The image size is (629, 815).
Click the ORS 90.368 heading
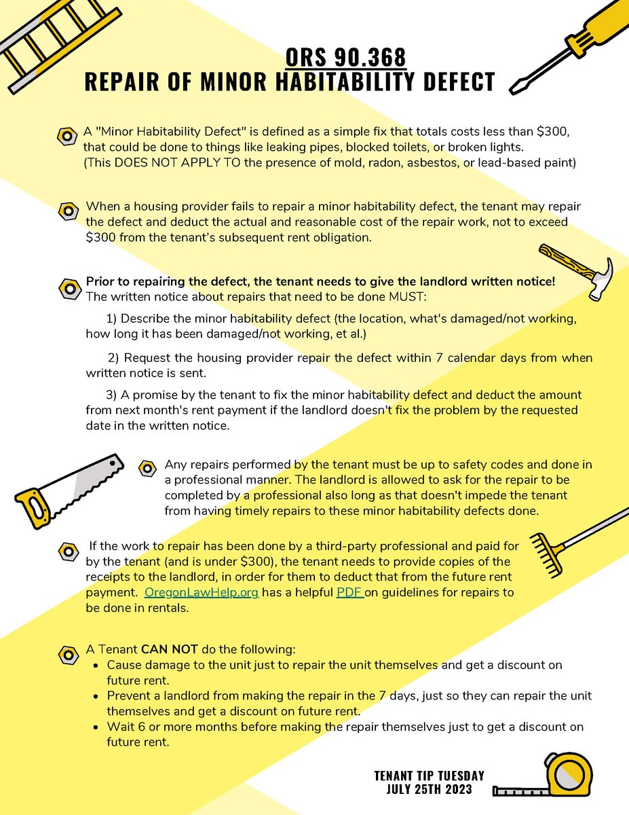coord(346,56)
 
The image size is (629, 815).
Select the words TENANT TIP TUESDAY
coord(429,776)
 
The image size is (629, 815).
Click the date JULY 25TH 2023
coord(429,789)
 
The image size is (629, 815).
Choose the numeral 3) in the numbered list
coord(113,395)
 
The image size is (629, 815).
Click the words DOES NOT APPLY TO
coord(159,164)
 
